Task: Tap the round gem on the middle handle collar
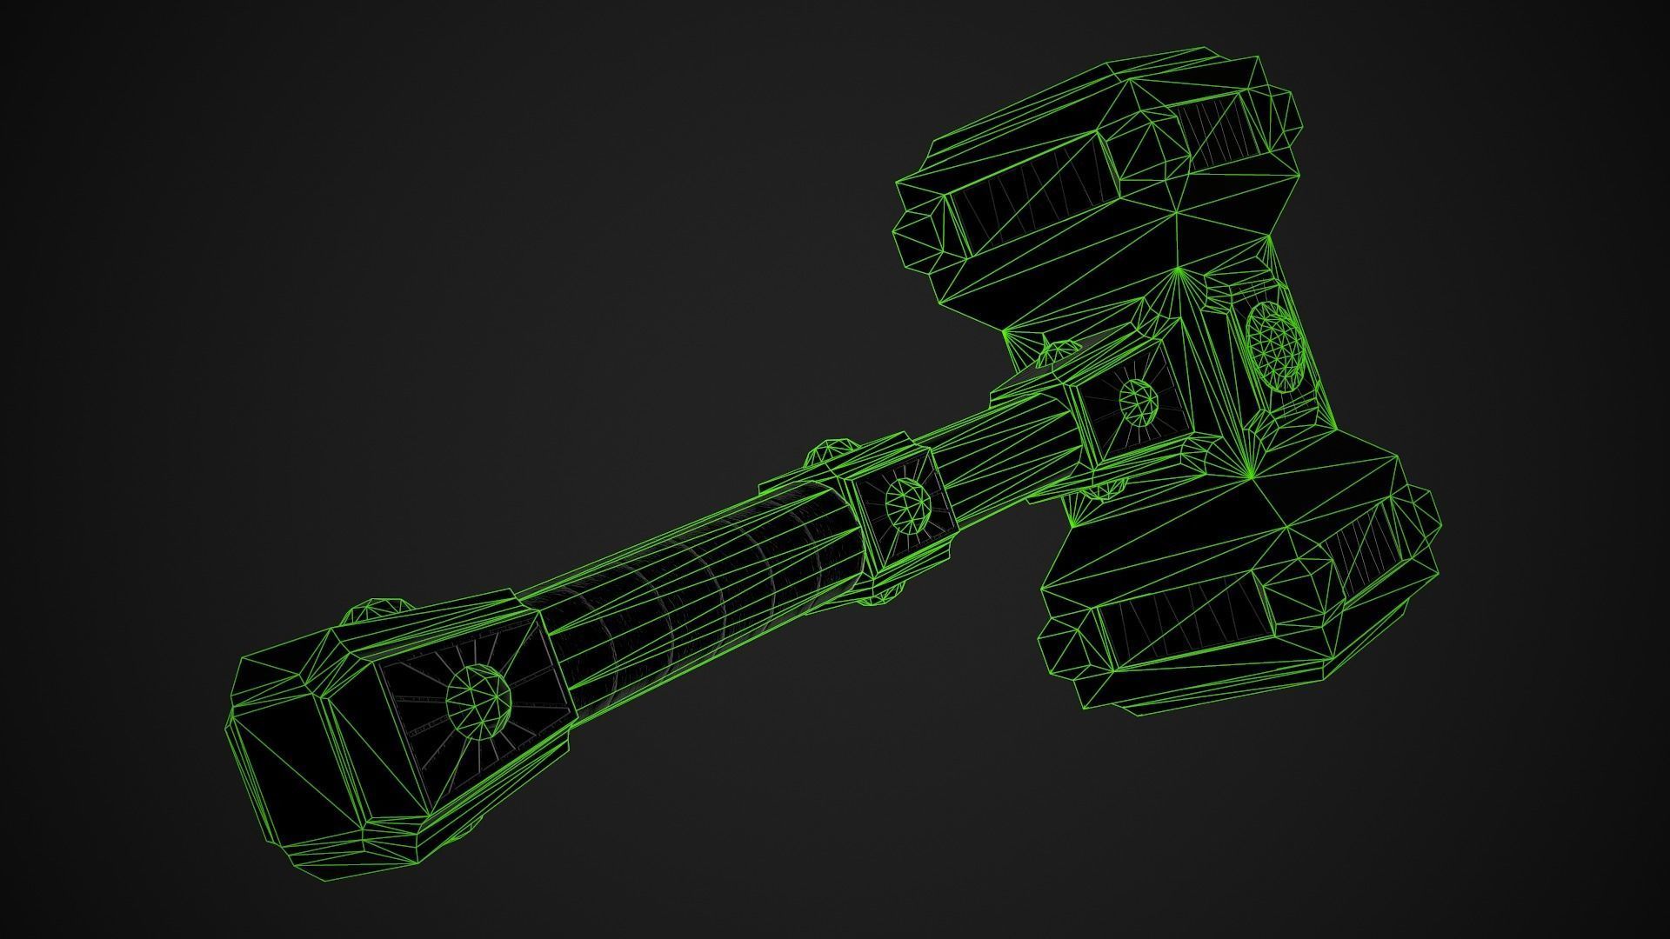(x=907, y=503)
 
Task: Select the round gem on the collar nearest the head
(x=1138, y=402)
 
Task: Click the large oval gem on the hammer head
(x=1274, y=347)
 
